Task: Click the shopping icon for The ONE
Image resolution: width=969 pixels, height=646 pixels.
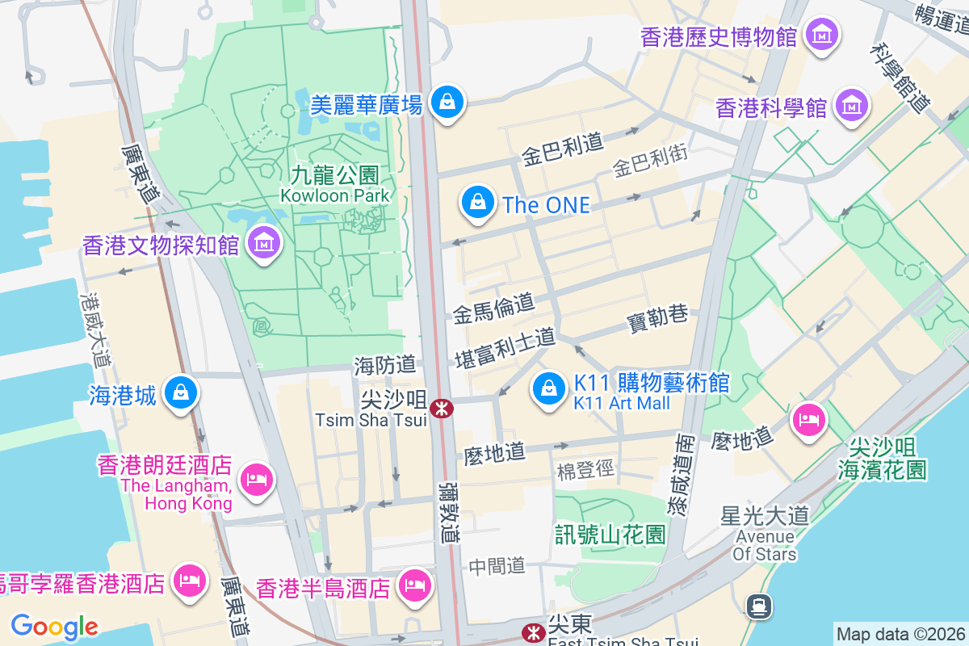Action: [478, 203]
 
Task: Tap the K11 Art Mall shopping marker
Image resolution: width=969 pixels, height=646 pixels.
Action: [549, 388]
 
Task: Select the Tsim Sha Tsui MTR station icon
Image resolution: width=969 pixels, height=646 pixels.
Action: [441, 409]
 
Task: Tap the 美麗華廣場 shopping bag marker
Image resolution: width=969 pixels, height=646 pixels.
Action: [446, 103]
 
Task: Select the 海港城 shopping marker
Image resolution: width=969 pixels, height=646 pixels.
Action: [181, 393]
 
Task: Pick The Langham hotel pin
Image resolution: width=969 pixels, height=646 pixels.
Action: [256, 480]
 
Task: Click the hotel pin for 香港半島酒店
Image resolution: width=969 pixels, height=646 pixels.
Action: [415, 584]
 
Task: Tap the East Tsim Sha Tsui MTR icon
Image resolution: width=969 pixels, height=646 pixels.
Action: [532, 631]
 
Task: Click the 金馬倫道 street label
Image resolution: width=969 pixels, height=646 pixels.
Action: [493, 308]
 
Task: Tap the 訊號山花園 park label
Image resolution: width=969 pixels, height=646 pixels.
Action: [610, 534]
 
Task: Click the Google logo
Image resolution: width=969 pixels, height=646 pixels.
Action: [54, 627]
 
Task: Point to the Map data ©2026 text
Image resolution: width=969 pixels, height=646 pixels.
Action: [900, 634]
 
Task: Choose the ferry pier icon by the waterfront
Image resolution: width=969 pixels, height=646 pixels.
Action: [759, 606]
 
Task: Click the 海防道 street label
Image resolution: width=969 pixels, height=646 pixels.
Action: [384, 365]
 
